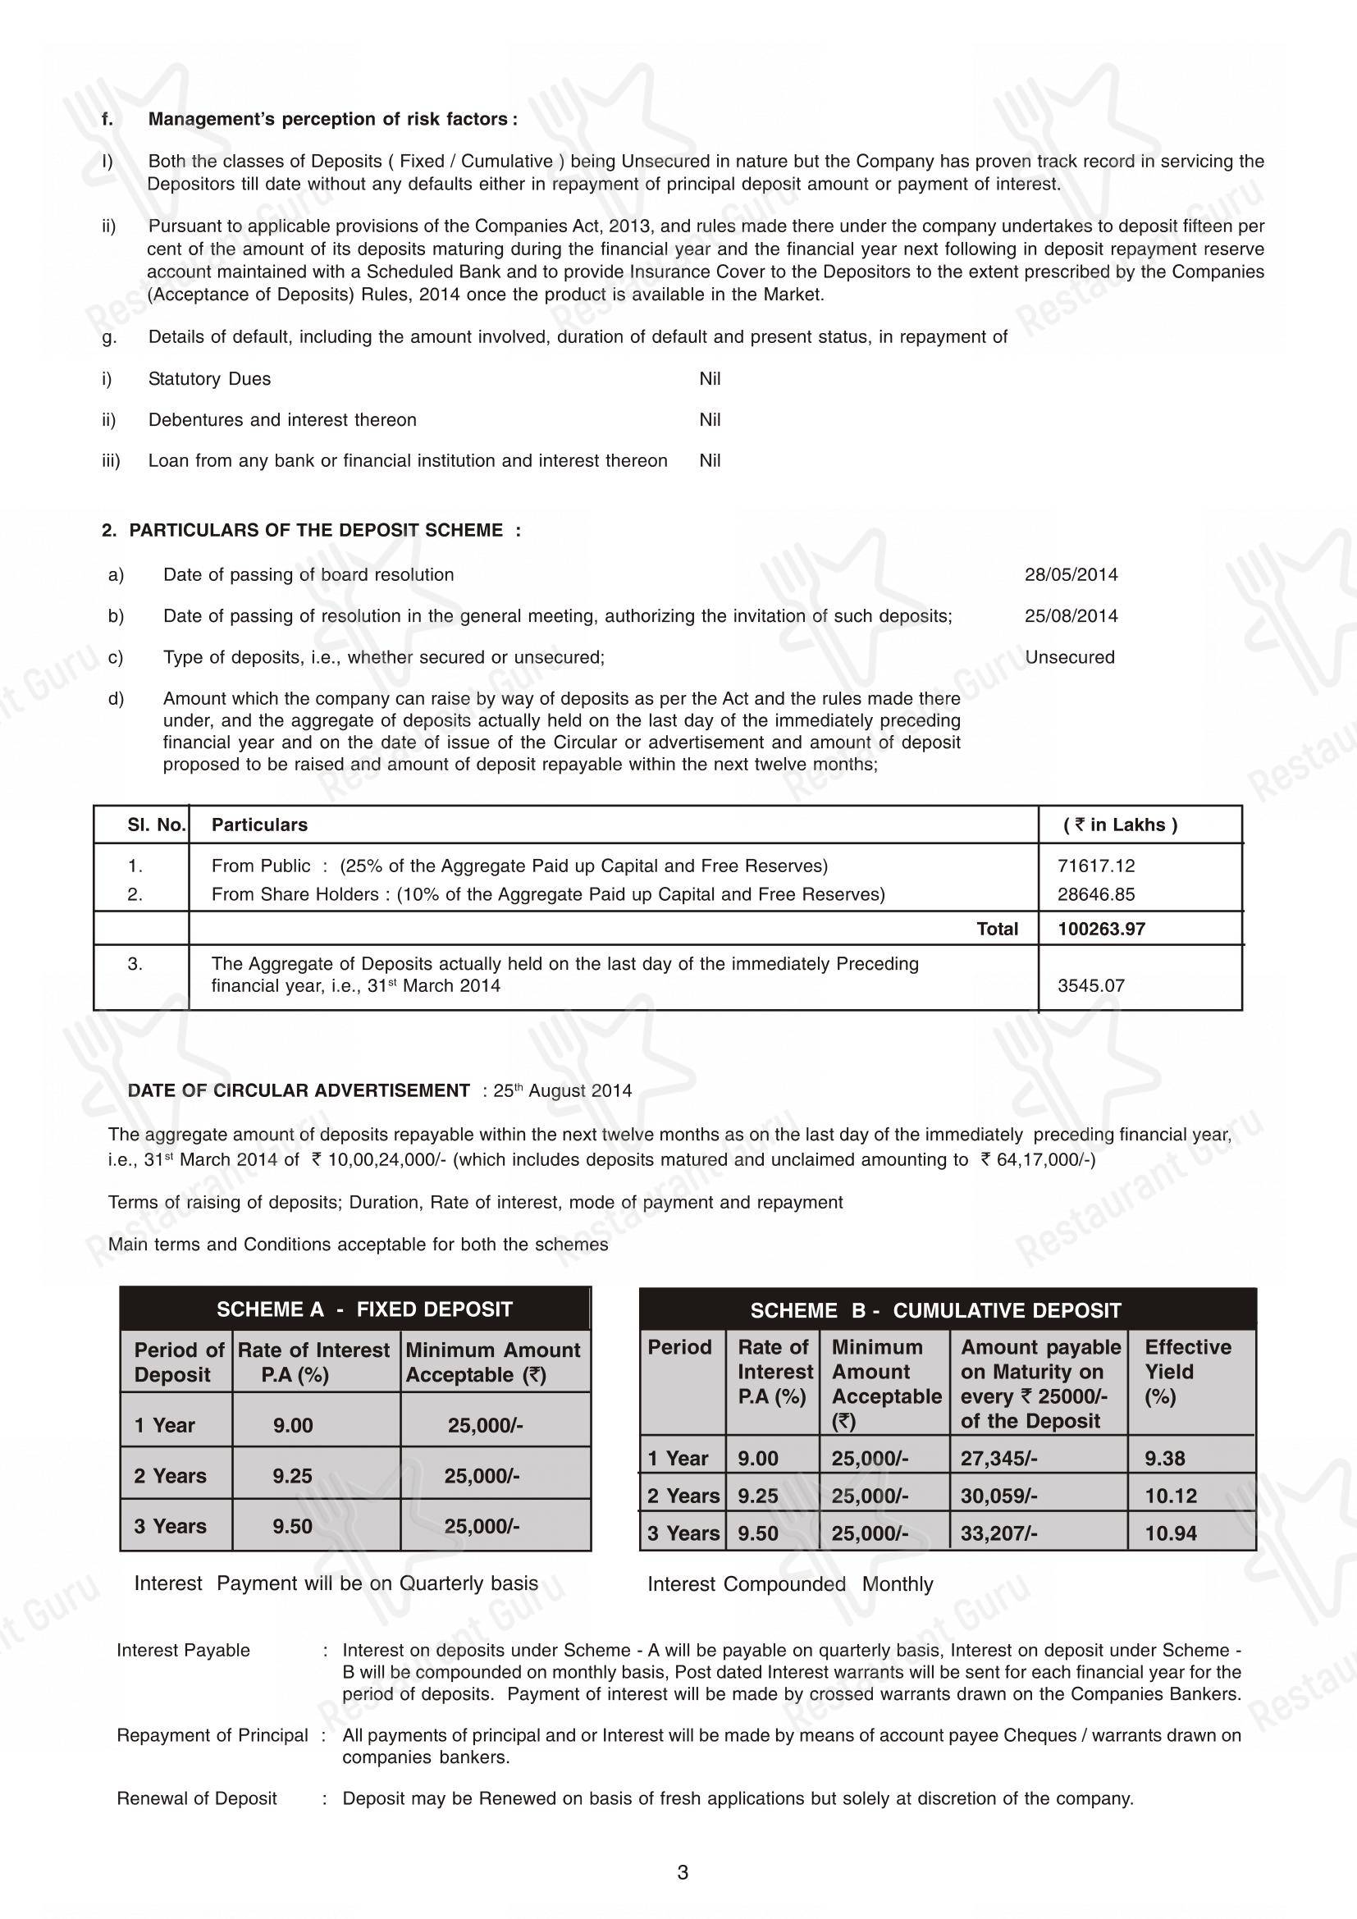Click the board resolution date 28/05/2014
tap(1071, 575)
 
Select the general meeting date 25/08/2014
tap(1071, 616)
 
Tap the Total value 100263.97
tap(1100, 929)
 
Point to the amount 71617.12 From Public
tap(1095, 866)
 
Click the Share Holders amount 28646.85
tap(1095, 894)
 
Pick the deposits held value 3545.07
tap(1090, 985)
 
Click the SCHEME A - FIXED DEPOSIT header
tap(364, 1309)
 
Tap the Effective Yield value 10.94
tap(1170, 1533)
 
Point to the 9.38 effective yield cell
tap(1165, 1459)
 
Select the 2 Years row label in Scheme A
tap(170, 1475)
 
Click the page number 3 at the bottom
tap(683, 1873)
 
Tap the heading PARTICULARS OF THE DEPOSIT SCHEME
tap(316, 531)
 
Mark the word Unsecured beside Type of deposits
tap(1070, 657)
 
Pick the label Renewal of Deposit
tap(196, 1798)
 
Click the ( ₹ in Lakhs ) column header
tap(1120, 825)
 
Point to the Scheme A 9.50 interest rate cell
tap(292, 1526)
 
